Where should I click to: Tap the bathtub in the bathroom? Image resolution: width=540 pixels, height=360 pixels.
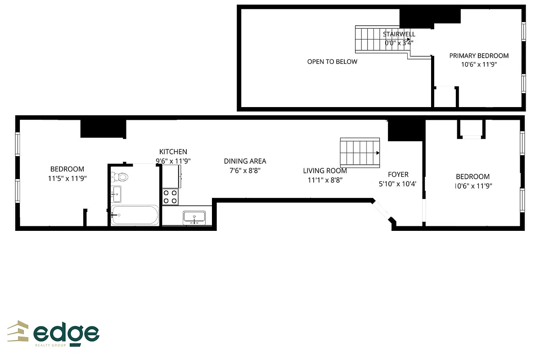pyautogui.click(x=135, y=215)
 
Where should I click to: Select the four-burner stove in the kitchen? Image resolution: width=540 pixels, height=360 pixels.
pyautogui.click(x=171, y=197)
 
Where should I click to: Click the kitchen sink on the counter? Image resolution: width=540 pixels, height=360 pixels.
pyautogui.click(x=194, y=217)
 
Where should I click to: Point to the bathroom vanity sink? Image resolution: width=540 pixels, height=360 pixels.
pyautogui.click(x=117, y=194)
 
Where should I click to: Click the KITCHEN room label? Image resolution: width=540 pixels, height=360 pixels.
pyautogui.click(x=173, y=152)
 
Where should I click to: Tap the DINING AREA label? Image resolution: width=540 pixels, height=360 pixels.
pyautogui.click(x=245, y=161)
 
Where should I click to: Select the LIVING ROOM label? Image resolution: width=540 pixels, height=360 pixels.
pyautogui.click(x=325, y=171)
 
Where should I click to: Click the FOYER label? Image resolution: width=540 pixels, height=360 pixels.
pyautogui.click(x=398, y=175)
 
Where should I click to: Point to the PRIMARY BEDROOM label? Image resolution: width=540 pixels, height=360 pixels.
pyautogui.click(x=479, y=56)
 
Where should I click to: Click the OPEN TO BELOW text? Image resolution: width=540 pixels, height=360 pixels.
pyautogui.click(x=332, y=62)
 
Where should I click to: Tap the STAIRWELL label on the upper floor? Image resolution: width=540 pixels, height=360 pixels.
pyautogui.click(x=399, y=34)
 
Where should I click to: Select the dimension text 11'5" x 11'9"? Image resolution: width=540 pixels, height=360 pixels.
pyautogui.click(x=67, y=178)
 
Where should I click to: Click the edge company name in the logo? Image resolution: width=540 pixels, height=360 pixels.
pyautogui.click(x=66, y=333)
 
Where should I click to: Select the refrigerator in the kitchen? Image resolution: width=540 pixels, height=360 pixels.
pyautogui.click(x=172, y=176)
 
